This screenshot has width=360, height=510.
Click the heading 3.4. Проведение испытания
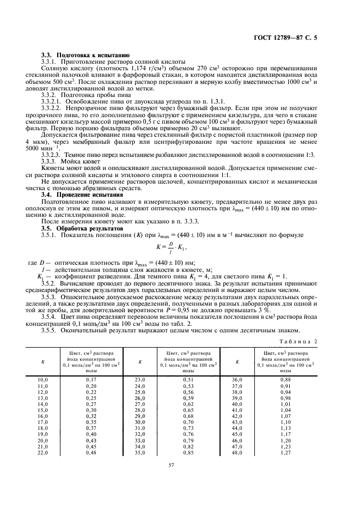82,195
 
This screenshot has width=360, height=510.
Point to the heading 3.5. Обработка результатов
82,229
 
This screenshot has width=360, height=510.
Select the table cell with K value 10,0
42,379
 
